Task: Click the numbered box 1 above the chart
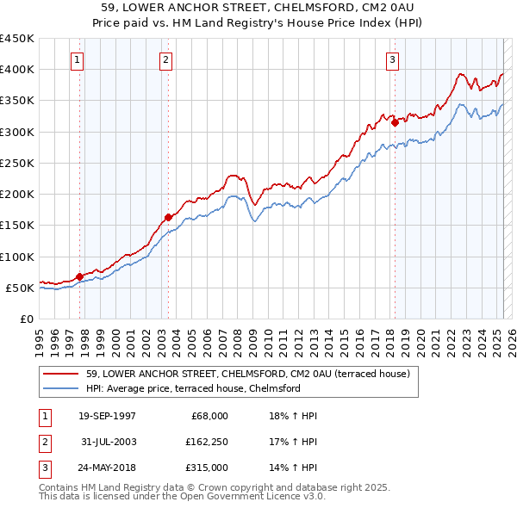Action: pyautogui.click(x=78, y=60)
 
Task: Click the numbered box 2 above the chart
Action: pyautogui.click(x=165, y=60)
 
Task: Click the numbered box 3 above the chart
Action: pyautogui.click(x=392, y=60)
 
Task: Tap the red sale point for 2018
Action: pyautogui.click(x=395, y=122)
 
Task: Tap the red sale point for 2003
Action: pyautogui.click(x=169, y=217)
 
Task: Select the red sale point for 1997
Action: pyautogui.click(x=79, y=276)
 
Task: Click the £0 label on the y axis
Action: pyautogui.click(x=25, y=319)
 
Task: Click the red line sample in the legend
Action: pyautogui.click(x=60, y=374)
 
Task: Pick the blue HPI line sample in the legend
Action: pyautogui.click(x=60, y=388)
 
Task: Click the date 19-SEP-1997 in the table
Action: pyautogui.click(x=107, y=416)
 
